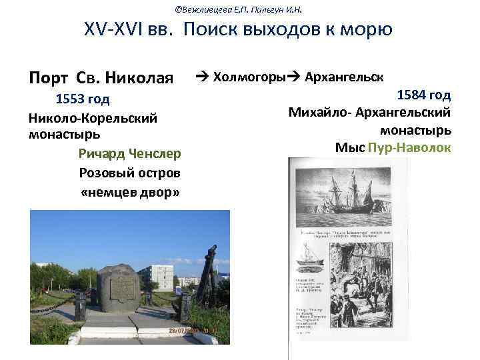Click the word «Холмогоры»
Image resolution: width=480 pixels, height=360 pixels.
249,77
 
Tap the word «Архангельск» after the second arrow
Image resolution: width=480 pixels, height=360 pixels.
343,77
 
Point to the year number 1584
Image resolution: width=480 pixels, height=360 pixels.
411,95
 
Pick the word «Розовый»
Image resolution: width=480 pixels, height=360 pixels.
103,173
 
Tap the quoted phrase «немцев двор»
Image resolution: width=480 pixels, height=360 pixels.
130,193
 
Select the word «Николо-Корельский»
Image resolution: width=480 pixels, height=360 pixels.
93,118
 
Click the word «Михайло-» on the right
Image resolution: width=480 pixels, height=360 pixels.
320,113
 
